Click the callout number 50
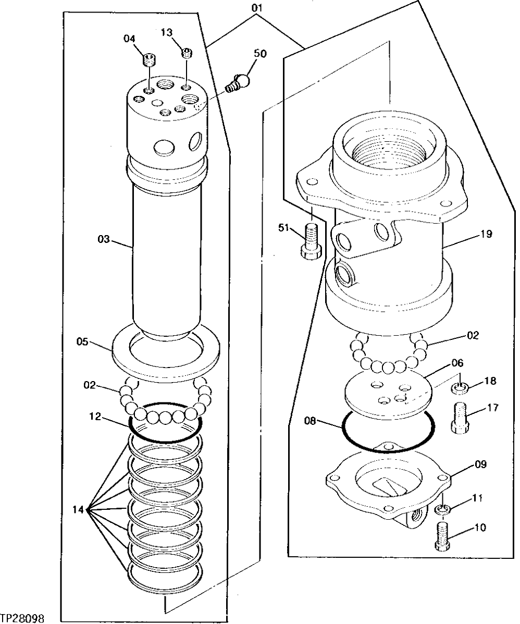[259, 54]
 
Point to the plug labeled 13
[187, 52]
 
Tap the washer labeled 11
[442, 509]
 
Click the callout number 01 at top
[257, 8]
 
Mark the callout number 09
[480, 463]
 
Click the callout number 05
[82, 342]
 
